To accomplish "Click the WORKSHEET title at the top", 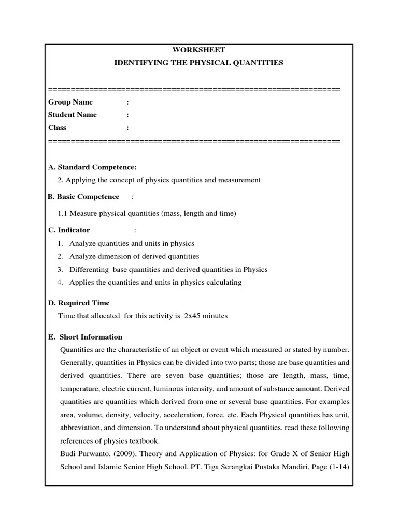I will pyautogui.click(x=198, y=50).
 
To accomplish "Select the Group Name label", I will pyautogui.click(x=70, y=102).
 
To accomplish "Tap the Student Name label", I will pyautogui.click(x=73, y=114).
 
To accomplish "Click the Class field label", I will pyautogui.click(x=58, y=127).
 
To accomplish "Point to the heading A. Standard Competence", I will pyautogui.click(x=92, y=167).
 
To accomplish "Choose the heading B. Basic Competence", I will pyautogui.click(x=83, y=197).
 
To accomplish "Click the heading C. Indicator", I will pyautogui.click(x=69, y=230).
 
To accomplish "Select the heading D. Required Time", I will pyautogui.click(x=79, y=303).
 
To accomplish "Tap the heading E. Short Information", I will pyautogui.click(x=85, y=337).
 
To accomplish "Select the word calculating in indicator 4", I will pyautogui.click(x=223, y=282).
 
